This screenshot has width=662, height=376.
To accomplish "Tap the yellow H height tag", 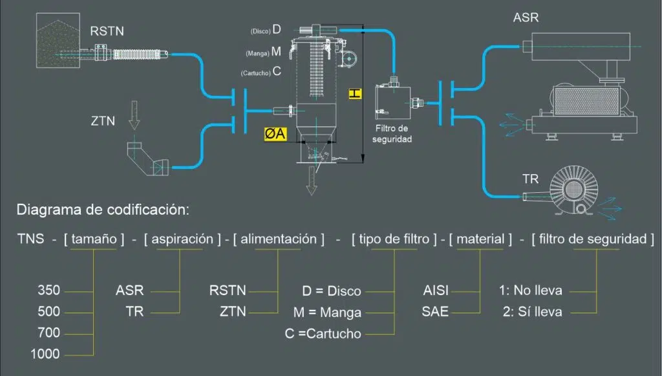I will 354,93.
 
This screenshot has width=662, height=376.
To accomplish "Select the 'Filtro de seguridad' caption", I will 392,133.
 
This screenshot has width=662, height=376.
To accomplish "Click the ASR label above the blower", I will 526,17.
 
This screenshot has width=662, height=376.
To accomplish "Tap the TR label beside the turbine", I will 530,179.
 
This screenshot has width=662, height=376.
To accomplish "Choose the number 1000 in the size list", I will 45,354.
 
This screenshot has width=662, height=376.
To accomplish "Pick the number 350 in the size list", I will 48,291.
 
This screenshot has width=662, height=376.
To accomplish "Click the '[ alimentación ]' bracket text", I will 279,239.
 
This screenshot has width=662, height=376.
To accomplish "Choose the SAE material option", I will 435,312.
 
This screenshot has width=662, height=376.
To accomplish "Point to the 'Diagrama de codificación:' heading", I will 103,210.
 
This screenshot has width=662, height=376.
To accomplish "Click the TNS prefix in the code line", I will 31,239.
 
